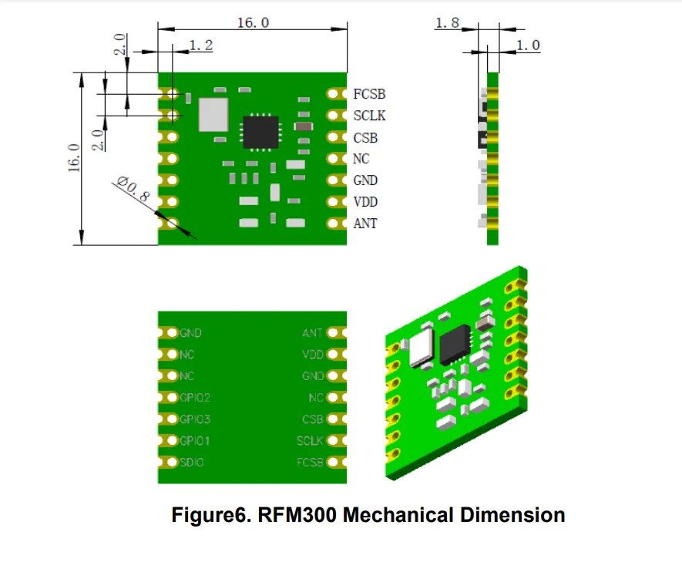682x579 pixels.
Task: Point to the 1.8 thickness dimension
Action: [x=447, y=23]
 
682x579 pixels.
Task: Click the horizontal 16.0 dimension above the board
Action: [x=252, y=22]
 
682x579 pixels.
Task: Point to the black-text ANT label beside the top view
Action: [x=365, y=224]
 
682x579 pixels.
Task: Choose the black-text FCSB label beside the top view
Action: [x=369, y=95]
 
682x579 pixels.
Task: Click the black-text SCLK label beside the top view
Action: [x=369, y=116]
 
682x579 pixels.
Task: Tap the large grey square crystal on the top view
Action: [x=213, y=113]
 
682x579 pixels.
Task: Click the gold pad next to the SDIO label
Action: [x=170, y=463]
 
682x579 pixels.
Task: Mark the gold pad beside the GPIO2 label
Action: [x=170, y=398]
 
